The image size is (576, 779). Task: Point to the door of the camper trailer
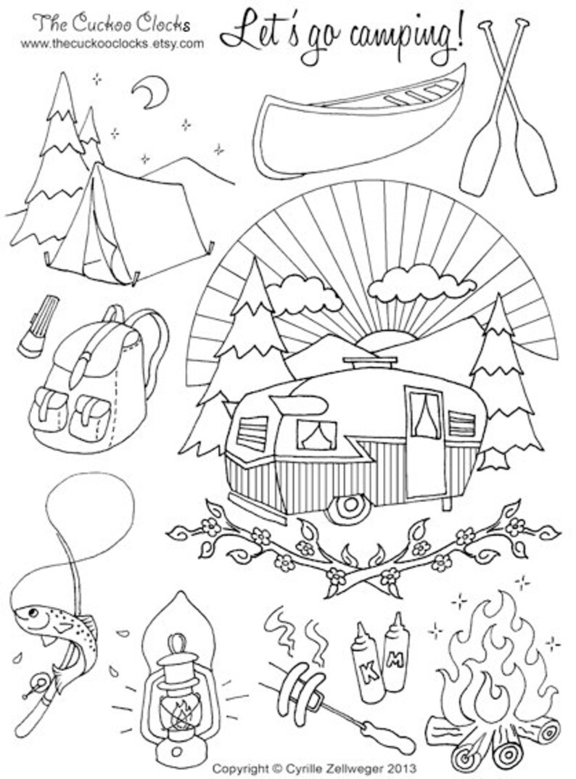click(424, 442)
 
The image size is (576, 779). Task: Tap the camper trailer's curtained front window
click(317, 434)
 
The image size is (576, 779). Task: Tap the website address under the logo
click(112, 44)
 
